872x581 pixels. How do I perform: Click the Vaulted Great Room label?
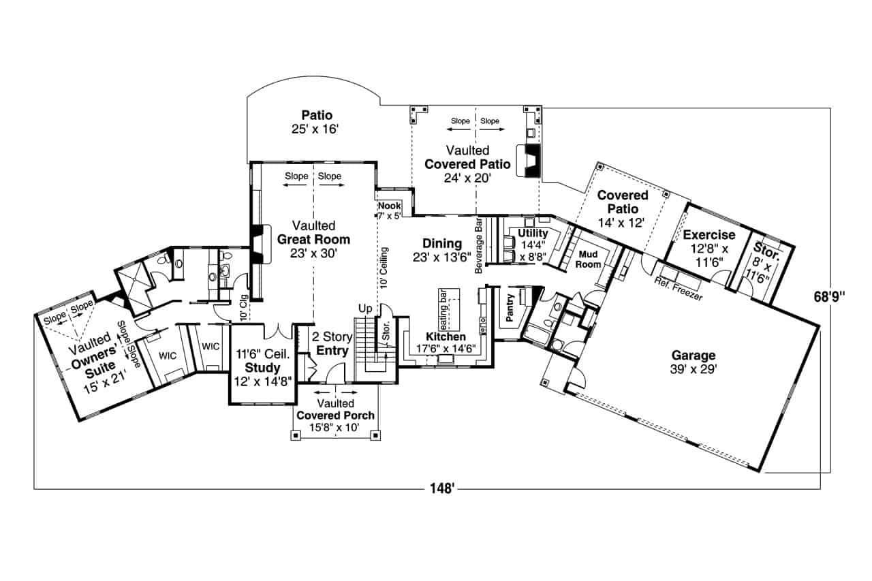coord(314,239)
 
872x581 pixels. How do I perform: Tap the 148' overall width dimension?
coord(442,488)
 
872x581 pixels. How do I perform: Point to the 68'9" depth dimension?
coord(830,297)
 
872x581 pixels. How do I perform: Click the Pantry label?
coord(510,307)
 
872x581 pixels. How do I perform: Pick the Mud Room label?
coord(588,260)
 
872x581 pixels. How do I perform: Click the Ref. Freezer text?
coord(679,289)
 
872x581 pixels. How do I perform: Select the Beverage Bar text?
coord(479,245)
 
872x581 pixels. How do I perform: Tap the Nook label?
coord(389,206)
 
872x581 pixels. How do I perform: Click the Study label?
coord(262,368)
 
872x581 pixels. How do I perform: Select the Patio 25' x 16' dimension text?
coord(315,129)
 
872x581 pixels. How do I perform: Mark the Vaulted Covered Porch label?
coord(336,415)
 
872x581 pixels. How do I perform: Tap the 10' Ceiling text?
coord(384,268)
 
